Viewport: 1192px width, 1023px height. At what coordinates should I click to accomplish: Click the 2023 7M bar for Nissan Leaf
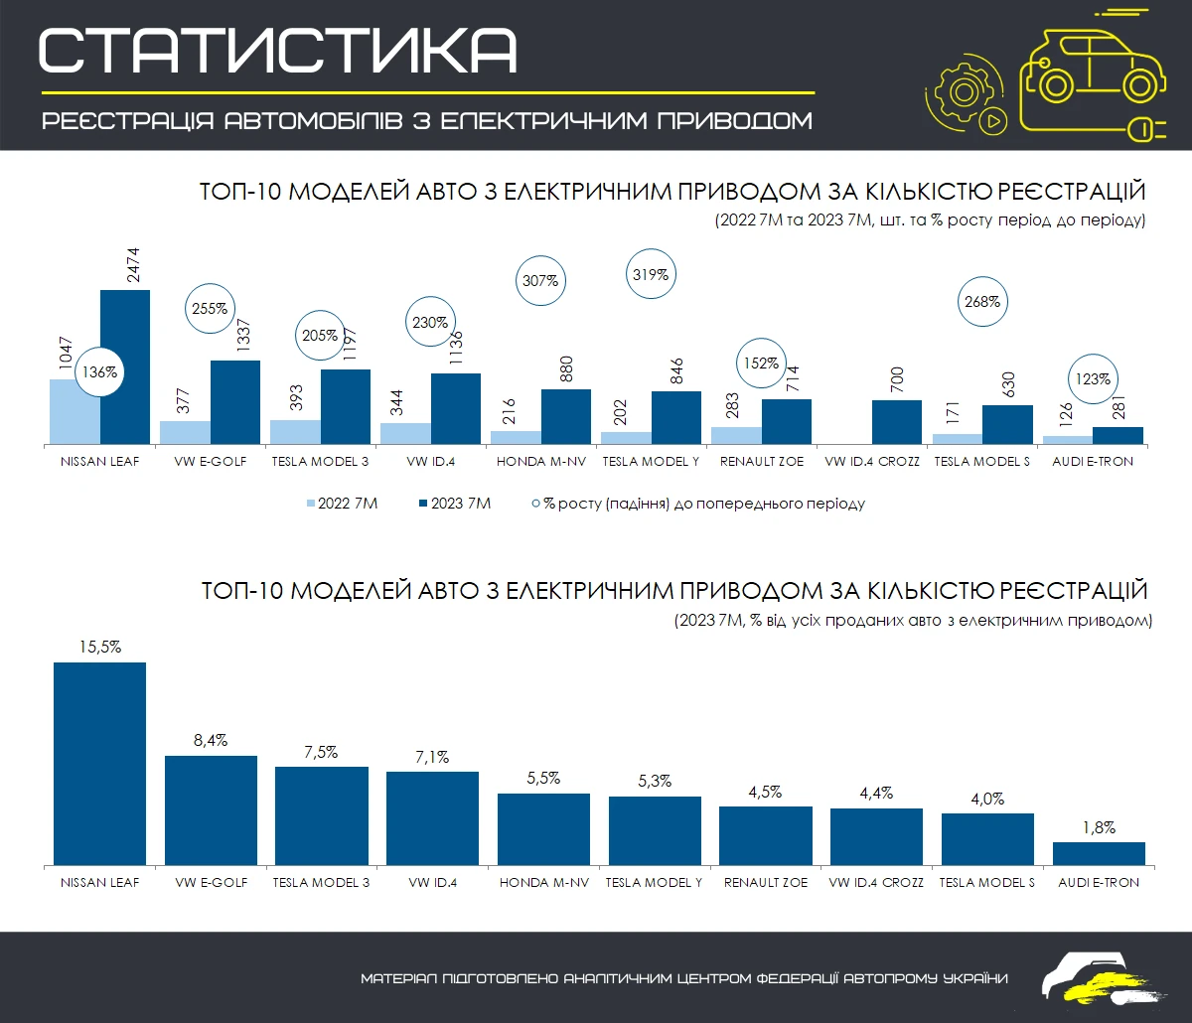pyautogui.click(x=124, y=366)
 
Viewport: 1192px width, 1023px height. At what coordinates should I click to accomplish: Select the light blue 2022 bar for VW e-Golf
pyautogui.click(x=185, y=432)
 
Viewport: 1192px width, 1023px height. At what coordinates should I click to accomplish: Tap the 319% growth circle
pyautogui.click(x=651, y=272)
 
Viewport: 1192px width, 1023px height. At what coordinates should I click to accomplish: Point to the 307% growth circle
pyautogui.click(x=540, y=281)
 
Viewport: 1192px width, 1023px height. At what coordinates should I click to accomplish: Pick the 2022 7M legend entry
pyautogui.click(x=343, y=504)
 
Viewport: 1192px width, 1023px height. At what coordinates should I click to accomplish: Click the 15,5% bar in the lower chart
pyautogui.click(x=99, y=763)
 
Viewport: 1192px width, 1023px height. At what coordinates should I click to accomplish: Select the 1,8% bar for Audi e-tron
pyautogui.click(x=1099, y=853)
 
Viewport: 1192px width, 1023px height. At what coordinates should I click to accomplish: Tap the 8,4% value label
pyautogui.click(x=211, y=740)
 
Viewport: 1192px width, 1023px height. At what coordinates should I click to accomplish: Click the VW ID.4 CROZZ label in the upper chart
pyautogui.click(x=873, y=462)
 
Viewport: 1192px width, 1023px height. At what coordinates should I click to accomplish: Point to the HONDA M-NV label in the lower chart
pyautogui.click(x=541, y=882)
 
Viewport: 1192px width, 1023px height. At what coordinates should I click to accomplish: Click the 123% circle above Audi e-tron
pyautogui.click(x=1094, y=378)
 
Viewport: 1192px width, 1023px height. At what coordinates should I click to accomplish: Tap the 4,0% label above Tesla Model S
pyautogui.click(x=987, y=799)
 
